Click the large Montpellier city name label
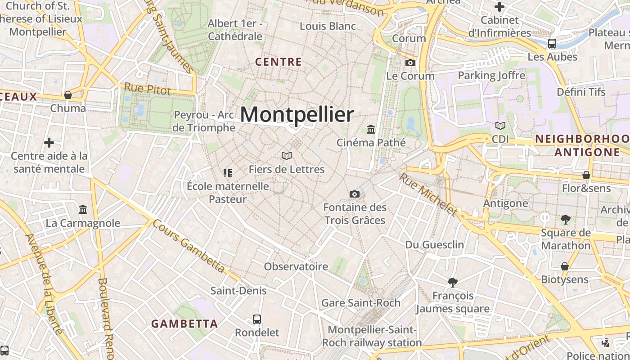pos(297,114)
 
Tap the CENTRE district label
pos(278,62)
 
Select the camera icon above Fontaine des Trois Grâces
pos(355,194)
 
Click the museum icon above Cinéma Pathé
pos(371,130)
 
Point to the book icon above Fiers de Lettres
pos(287,156)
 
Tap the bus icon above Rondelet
pos(257,319)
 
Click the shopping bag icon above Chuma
pos(68,95)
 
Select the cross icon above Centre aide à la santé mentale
pos(49,143)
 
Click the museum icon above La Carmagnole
pos(83,210)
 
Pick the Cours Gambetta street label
pos(188,246)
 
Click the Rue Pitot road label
pos(147,89)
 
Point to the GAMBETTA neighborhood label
pos(184,324)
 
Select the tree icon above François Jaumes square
pos(453,283)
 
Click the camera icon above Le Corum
pos(410,63)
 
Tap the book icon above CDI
pos(500,126)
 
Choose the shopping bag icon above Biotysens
pos(564,266)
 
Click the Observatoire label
pos(296,266)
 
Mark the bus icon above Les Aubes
pos(552,44)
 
